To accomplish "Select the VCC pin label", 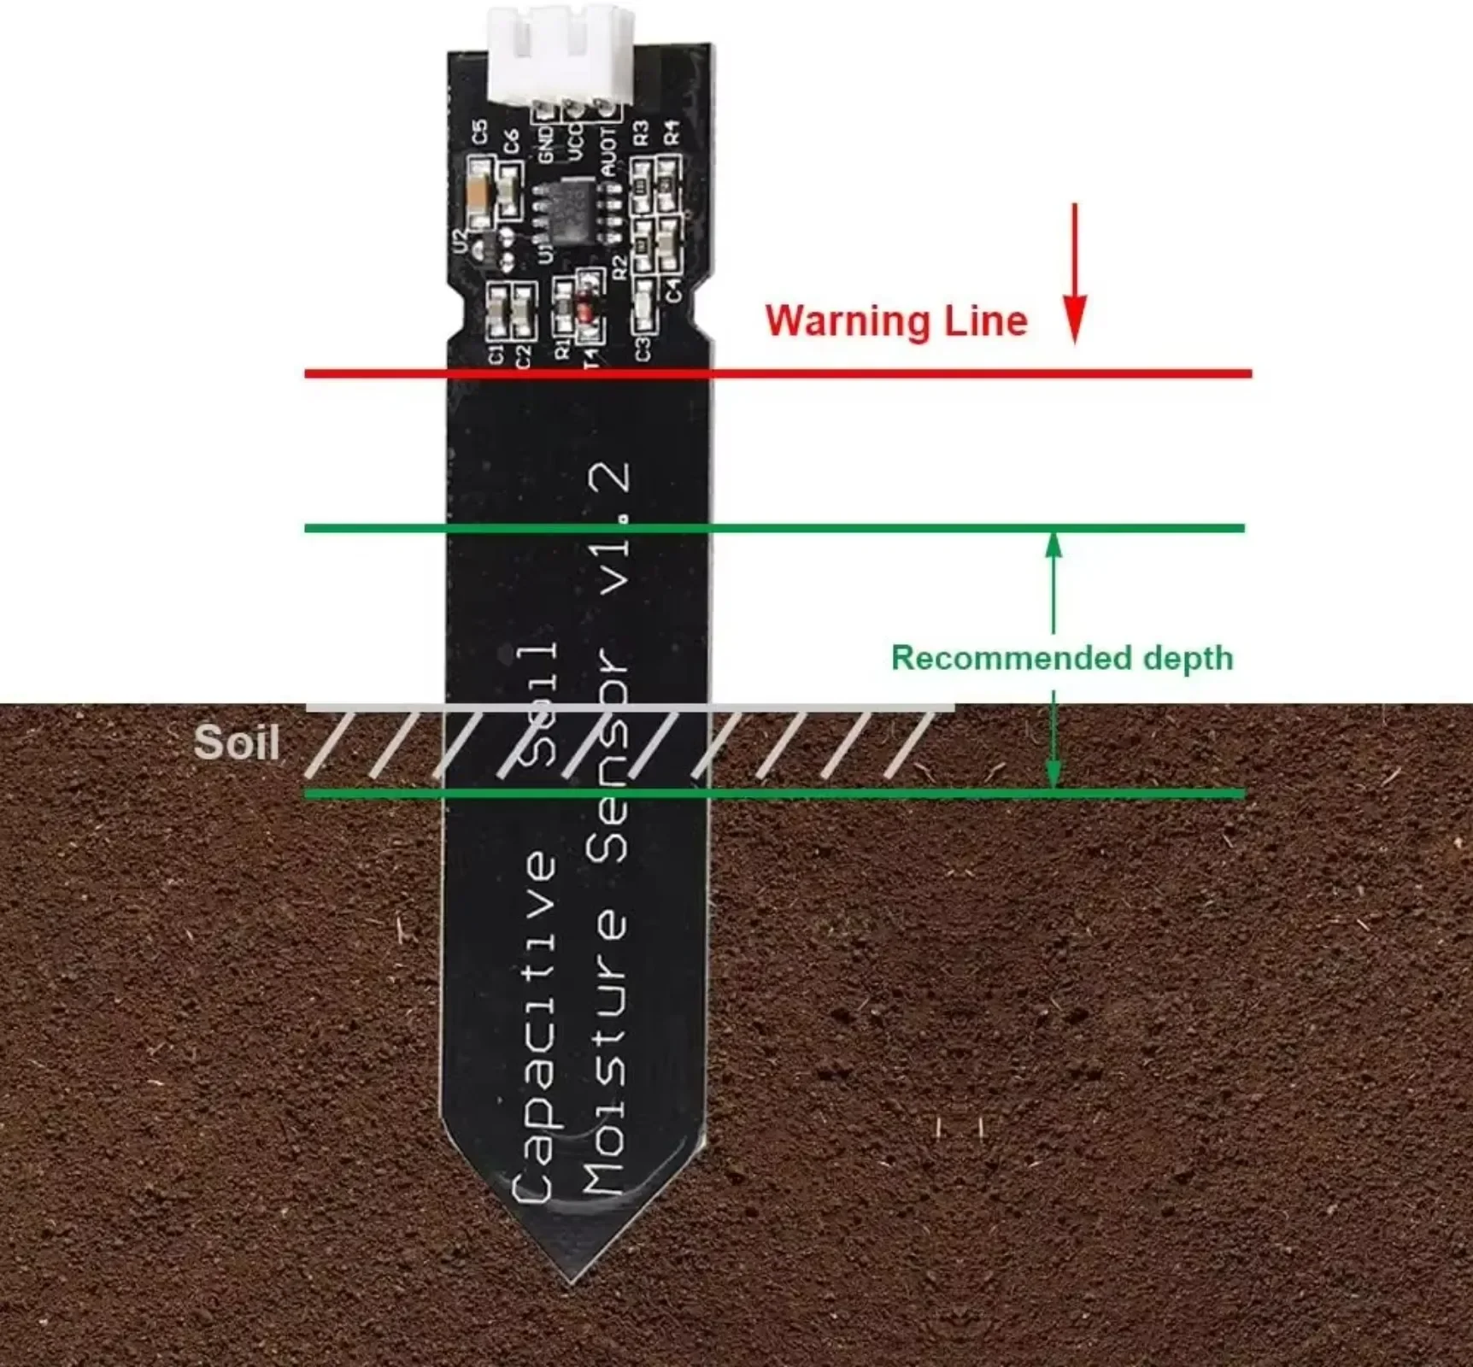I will (575, 142).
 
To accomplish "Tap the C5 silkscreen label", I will (480, 132).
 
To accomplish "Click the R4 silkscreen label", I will (672, 132).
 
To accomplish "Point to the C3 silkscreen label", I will (643, 349).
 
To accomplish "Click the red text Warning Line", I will (895, 321).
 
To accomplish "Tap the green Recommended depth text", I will (1062, 658).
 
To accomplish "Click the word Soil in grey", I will (237, 742).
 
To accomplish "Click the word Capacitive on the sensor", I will (534, 1025).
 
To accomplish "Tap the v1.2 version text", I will (615, 529).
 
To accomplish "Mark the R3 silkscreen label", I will (641, 132).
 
